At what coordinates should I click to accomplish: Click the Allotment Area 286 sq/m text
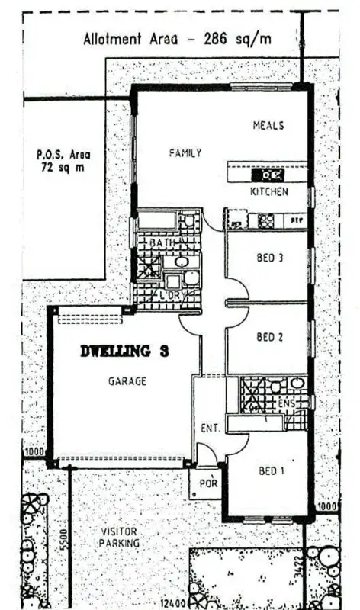click(178, 40)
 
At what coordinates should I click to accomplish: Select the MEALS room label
click(268, 125)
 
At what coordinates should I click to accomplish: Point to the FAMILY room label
click(185, 152)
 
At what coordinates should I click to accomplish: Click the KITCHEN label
click(269, 191)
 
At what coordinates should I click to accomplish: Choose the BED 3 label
click(270, 258)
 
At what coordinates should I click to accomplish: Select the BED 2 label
click(270, 336)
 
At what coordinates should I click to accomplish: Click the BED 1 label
click(272, 471)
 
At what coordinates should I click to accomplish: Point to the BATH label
click(160, 242)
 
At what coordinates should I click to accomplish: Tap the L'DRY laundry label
click(169, 294)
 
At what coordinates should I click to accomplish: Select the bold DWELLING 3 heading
click(125, 352)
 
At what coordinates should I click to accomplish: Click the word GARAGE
click(127, 380)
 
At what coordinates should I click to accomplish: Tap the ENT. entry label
click(210, 429)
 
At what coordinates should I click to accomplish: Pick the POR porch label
click(207, 483)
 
